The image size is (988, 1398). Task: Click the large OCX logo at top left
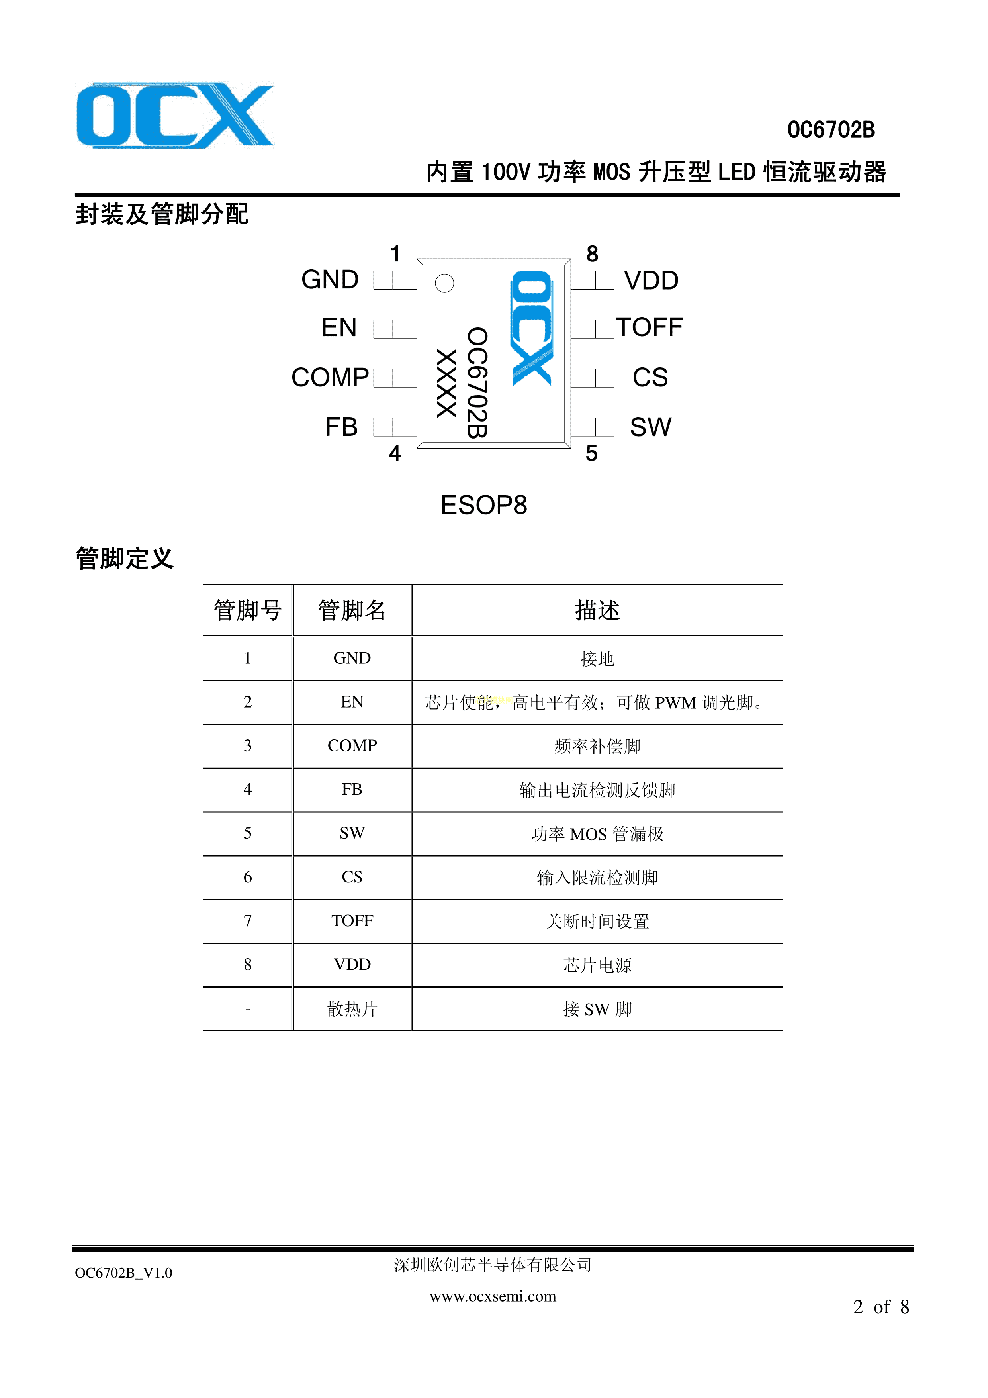point(175,116)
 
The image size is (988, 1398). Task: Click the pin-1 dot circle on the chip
point(444,283)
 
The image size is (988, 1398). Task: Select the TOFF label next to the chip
point(650,327)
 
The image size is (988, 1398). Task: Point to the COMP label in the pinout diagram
point(330,378)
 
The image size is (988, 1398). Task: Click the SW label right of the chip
point(651,427)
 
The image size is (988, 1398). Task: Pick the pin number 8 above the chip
point(592,253)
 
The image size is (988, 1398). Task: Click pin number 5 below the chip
point(592,454)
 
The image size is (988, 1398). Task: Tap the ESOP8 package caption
point(484,505)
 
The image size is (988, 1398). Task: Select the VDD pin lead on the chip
point(592,280)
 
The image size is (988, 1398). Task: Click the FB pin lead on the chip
point(395,427)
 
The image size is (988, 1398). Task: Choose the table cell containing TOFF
point(352,921)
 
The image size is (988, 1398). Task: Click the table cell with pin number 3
point(248,746)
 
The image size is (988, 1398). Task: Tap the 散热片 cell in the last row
point(352,1009)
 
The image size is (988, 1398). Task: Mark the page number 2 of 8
point(881,1307)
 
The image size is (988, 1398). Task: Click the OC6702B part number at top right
point(831,130)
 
